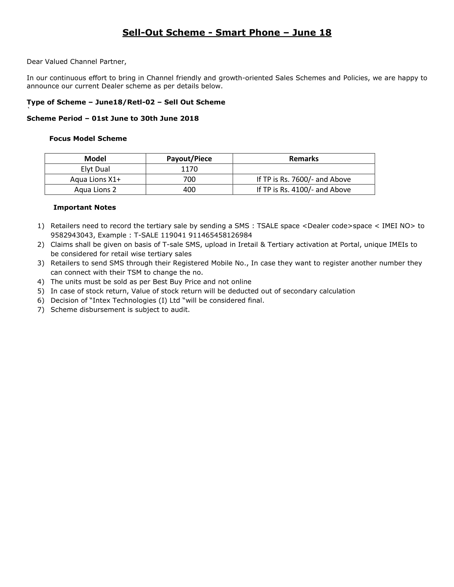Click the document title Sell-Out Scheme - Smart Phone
coord(227,33)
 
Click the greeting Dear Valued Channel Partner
coord(76,62)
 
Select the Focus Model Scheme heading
coord(88,139)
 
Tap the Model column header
coord(95,158)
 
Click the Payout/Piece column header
coord(189,158)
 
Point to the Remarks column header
coord(304,158)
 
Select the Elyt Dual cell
coord(95,169)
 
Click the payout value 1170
coord(189,169)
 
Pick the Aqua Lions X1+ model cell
coord(95,179)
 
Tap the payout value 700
coord(189,179)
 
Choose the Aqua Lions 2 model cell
coord(95,190)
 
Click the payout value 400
coord(189,190)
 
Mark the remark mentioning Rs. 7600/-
coord(304,179)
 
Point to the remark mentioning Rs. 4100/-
coord(304,190)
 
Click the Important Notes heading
coord(84,208)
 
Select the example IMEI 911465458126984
coord(220,235)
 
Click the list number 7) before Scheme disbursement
coord(41,310)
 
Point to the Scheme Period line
coord(112,118)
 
